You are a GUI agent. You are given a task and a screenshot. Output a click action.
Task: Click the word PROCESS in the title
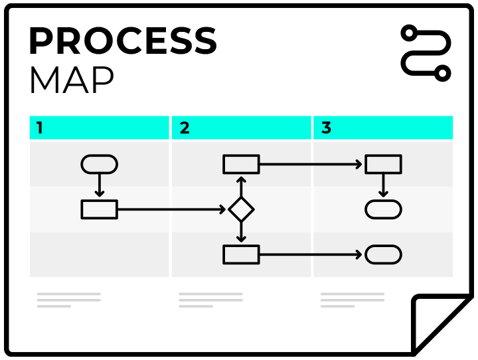[x=123, y=42]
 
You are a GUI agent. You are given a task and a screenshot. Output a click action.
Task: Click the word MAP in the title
[x=71, y=81]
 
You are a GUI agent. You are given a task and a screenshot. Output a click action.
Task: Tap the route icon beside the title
[x=426, y=53]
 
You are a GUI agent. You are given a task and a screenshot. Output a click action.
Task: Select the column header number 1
[x=40, y=128]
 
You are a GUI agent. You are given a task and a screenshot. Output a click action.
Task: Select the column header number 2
[x=185, y=128]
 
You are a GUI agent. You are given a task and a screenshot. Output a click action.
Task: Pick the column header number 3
[x=326, y=128]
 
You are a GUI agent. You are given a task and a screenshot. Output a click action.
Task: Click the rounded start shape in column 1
[x=100, y=164]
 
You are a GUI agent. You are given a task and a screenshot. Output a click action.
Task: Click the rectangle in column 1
[x=100, y=209]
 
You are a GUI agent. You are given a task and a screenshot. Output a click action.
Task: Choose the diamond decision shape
[x=241, y=209]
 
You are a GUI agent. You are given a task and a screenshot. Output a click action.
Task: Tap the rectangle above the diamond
[x=241, y=164]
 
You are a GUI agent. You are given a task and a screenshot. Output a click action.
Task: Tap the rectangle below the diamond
[x=241, y=254]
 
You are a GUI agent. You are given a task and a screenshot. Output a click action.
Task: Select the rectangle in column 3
[x=383, y=164]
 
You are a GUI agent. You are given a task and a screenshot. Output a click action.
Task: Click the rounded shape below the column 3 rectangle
[x=383, y=209]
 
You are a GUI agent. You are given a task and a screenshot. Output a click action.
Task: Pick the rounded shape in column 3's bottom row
[x=383, y=254]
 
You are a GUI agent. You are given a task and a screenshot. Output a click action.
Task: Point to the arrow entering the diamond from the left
[x=173, y=209]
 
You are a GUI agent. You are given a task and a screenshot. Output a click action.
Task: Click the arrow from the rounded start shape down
[x=100, y=185]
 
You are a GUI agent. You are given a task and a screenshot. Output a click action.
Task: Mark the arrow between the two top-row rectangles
[x=312, y=164]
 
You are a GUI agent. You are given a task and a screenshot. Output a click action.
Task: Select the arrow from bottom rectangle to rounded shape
[x=312, y=254]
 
